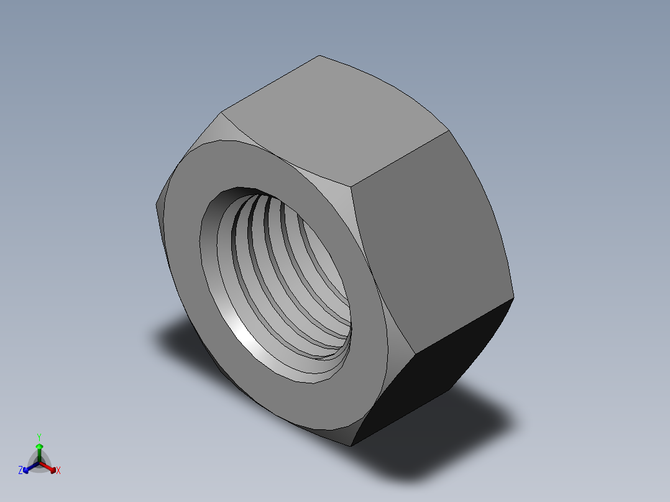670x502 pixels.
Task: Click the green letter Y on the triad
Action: click(39, 437)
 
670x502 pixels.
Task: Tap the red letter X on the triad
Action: click(58, 471)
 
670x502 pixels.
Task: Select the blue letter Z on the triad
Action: click(21, 471)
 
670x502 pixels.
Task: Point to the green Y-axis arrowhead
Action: click(39, 446)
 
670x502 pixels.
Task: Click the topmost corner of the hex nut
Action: click(319, 56)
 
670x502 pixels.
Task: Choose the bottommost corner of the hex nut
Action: click(351, 445)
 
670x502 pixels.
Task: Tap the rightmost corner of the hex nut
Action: click(514, 297)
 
